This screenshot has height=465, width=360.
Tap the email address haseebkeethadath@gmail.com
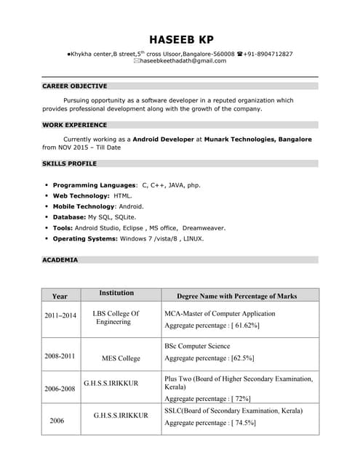pos(183,61)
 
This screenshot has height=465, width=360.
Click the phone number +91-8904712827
pos(268,54)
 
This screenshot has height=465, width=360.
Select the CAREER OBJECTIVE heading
pos(75,86)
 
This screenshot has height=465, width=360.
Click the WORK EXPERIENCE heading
pos(74,125)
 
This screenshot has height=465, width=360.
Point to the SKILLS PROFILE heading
pos(70,163)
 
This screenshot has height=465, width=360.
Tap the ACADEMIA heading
pos(60,259)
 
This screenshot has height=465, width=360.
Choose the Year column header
pos(60,296)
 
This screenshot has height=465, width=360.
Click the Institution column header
pos(116,293)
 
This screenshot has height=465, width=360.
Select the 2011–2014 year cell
pos(60,316)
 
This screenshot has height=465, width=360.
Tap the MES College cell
pos(121,358)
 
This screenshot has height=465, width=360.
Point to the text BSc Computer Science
pos(197,346)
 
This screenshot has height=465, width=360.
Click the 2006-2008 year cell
pos(60,389)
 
